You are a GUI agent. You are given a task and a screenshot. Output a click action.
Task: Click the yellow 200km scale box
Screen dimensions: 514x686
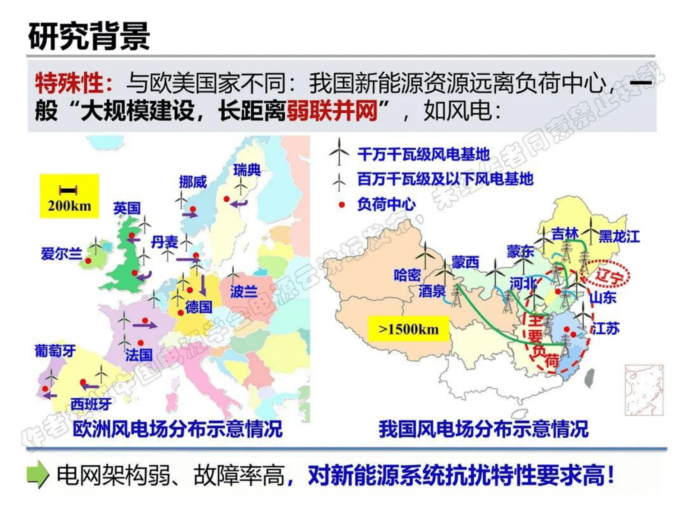[x=70, y=196]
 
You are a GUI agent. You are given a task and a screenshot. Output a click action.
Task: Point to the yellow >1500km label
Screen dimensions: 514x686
[x=408, y=329]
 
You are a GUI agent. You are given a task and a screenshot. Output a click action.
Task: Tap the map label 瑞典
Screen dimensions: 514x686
[x=247, y=170]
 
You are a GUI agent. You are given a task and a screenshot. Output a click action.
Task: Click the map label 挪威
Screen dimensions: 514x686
[x=193, y=182]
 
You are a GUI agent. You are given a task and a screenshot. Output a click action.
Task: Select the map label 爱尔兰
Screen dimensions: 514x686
[x=61, y=254]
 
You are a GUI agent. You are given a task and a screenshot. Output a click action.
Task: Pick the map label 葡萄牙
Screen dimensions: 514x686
[x=55, y=351]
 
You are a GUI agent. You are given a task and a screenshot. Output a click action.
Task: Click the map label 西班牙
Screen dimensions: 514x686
[x=91, y=404]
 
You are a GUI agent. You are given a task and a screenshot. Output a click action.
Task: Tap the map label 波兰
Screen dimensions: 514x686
[x=243, y=292]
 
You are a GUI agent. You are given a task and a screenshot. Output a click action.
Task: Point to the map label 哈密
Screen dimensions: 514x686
[x=407, y=275]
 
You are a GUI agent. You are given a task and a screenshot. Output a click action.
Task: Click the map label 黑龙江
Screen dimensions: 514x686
[x=619, y=236]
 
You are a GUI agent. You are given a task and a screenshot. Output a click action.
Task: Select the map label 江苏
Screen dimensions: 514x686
[x=606, y=328]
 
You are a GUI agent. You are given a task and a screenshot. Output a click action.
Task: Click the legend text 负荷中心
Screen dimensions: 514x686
[x=386, y=204]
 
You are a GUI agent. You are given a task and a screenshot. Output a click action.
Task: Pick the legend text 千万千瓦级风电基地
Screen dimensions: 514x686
[x=423, y=154]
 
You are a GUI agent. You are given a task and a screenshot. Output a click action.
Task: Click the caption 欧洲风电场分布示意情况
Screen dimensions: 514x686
[x=177, y=429]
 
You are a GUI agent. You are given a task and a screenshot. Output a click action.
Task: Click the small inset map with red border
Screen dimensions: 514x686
[x=644, y=390]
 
